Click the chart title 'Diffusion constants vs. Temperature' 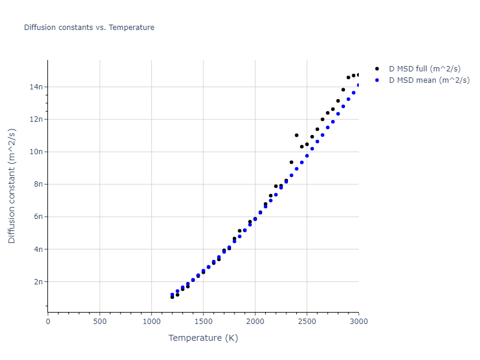[x=89, y=28]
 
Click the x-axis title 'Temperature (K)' [x=203, y=338]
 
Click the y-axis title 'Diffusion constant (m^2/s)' [x=12, y=186]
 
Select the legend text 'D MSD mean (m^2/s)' [x=429, y=80]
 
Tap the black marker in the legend [x=377, y=69]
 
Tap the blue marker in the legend [x=377, y=80]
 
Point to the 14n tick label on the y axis [x=36, y=87]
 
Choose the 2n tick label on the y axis [x=38, y=281]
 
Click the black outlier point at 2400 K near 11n [x=296, y=136]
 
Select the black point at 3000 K [x=359, y=75]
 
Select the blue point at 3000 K [x=359, y=85]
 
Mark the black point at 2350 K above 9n [x=292, y=162]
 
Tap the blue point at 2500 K [x=307, y=155]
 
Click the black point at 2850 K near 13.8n [x=343, y=89]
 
